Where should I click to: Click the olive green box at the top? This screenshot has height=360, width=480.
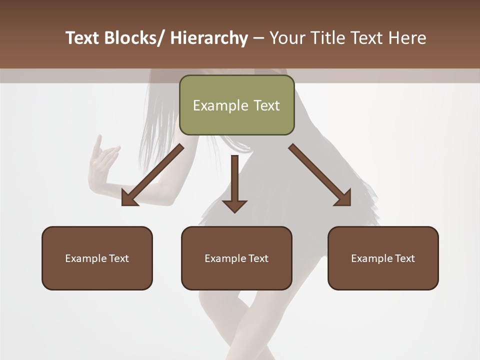coord(236,105)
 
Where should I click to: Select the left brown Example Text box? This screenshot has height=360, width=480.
coord(97,258)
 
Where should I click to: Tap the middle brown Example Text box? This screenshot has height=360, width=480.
coord(236,258)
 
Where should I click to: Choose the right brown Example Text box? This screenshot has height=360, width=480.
coord(383,258)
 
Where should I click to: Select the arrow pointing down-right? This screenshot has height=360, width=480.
coord(320,175)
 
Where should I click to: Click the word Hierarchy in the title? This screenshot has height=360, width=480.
coord(209,38)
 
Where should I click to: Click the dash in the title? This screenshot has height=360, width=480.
coord(258,39)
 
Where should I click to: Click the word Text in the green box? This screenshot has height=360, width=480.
coord(265,105)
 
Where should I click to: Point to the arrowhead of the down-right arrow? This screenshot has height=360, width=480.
coord(342,197)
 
